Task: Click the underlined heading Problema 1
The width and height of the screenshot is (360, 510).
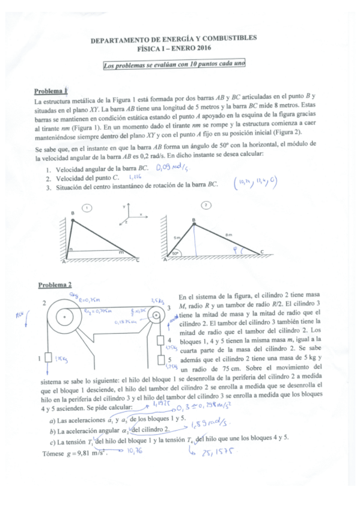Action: coord(52,91)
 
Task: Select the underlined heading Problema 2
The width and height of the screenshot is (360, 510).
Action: coord(55,284)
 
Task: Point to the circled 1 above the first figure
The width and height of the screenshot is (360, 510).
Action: coord(87,207)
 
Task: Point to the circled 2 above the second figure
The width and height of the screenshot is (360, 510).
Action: coord(206,205)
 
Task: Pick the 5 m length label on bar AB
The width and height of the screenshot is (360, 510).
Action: coord(177,238)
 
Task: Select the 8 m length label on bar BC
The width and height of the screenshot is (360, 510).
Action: coord(228,235)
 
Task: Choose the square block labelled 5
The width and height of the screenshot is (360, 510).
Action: coord(160,360)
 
